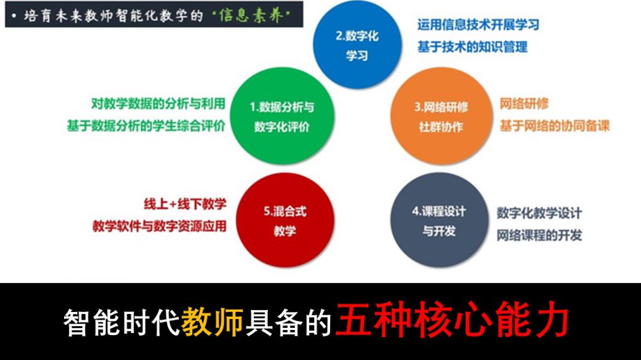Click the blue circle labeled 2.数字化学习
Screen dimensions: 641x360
pos(357,44)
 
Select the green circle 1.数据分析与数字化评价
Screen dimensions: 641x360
pos(282,116)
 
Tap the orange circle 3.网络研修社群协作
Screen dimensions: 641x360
pos(441,116)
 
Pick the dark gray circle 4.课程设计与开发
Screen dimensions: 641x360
pos(438,220)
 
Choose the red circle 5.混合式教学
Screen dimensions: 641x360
pos(285,220)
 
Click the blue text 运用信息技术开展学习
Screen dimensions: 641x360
pos(478,24)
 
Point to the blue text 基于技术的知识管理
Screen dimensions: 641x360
pos(472,47)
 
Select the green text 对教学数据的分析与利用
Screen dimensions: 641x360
pos(158,104)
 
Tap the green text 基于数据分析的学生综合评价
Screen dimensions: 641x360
pos(146,126)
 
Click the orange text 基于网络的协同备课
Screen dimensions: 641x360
pos(554,126)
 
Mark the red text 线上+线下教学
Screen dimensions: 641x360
pos(185,204)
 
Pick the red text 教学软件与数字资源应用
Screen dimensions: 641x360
pos(160,226)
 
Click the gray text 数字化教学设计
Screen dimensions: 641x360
pos(539,213)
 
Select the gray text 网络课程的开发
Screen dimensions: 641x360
pos(539,235)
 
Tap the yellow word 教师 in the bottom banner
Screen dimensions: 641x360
pos(212,322)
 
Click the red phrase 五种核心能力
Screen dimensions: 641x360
pos(452,319)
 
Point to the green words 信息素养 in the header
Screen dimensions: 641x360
pos(251,15)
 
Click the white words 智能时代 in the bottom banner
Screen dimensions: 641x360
pos(121,322)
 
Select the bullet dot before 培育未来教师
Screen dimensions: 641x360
pos(14,16)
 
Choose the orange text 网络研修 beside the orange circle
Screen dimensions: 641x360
pos(524,104)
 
